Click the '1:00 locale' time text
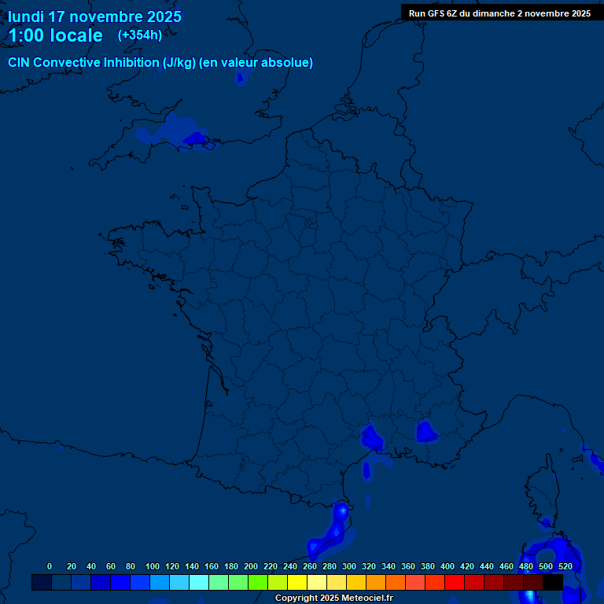(x=55, y=35)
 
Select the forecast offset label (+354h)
(x=139, y=35)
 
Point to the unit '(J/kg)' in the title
(x=175, y=63)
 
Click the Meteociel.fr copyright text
(x=333, y=598)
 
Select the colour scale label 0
(x=50, y=566)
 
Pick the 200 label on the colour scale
(x=251, y=566)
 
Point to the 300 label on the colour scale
(x=349, y=566)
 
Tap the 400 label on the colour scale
(x=447, y=566)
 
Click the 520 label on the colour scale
(x=565, y=566)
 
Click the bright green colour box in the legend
(x=258, y=582)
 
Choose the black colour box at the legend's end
(x=553, y=582)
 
